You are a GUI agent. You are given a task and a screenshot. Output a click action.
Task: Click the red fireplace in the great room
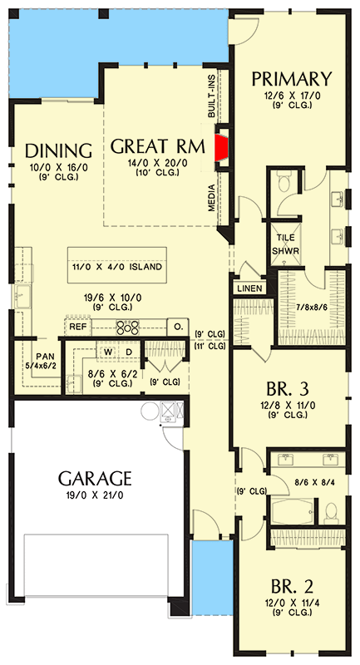[221, 148]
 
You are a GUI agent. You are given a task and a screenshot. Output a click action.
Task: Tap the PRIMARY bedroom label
[291, 79]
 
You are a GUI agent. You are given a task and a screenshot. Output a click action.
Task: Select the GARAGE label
[95, 479]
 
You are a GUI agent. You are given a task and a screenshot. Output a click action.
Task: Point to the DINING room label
[58, 150]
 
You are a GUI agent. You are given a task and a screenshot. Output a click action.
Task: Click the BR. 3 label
[288, 388]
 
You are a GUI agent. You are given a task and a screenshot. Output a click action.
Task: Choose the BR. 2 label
[292, 587]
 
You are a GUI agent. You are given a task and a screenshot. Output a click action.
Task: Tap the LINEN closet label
[249, 288]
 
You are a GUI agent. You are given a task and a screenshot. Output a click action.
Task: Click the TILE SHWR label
[286, 244]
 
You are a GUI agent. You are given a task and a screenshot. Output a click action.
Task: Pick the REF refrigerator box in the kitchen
[78, 327]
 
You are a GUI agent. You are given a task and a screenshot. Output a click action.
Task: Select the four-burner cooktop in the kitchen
[128, 327]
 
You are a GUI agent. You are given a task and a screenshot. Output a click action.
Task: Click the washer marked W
[108, 352]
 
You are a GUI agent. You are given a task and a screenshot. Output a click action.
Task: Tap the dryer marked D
[130, 352]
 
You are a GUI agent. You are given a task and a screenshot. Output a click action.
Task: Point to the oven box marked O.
[178, 327]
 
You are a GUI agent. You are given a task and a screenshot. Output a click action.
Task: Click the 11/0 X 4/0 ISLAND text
[116, 267]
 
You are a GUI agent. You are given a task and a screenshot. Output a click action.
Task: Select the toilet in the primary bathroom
[283, 182]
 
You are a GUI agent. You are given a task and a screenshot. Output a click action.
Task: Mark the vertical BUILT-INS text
[211, 94]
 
